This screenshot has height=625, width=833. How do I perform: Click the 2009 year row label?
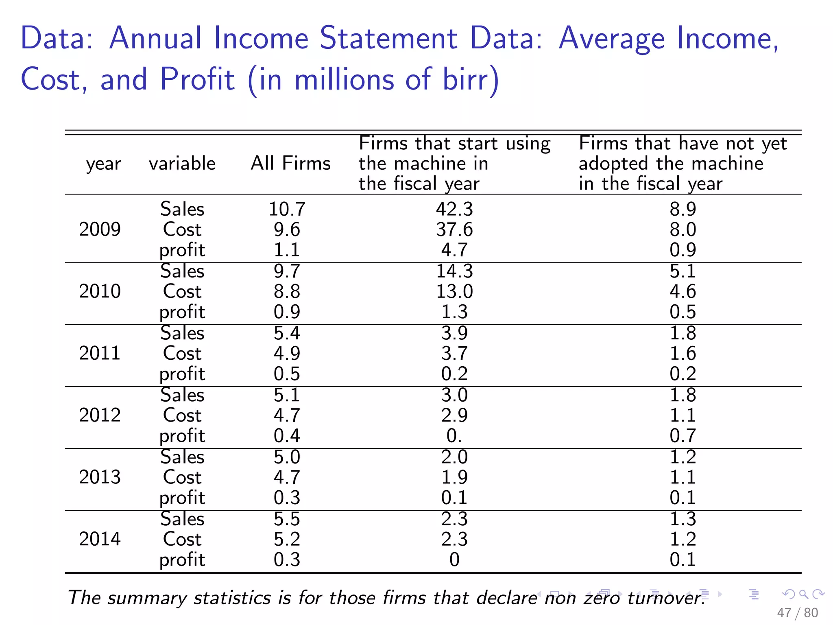click(x=100, y=229)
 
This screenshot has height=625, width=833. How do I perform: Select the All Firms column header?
click(x=290, y=163)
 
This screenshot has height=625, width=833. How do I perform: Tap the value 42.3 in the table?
click(x=454, y=209)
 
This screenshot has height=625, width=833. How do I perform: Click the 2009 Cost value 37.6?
click(x=454, y=229)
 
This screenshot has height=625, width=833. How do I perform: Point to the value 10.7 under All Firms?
click(x=287, y=209)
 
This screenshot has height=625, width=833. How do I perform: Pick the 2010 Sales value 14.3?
click(x=454, y=271)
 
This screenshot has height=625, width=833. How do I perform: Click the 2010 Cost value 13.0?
click(x=454, y=291)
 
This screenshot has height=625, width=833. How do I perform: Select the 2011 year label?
click(x=100, y=353)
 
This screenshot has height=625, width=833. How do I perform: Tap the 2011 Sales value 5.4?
click(x=287, y=333)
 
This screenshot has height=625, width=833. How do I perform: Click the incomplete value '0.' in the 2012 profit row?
click(x=454, y=436)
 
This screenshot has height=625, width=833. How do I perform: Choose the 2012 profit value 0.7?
click(x=683, y=436)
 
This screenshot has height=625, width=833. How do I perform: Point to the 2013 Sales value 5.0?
click(x=287, y=457)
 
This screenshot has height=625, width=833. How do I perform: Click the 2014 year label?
click(x=100, y=539)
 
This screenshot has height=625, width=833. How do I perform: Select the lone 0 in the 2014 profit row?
click(x=454, y=559)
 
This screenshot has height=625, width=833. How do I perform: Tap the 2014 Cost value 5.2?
click(x=287, y=539)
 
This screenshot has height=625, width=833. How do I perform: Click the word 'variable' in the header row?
click(x=182, y=163)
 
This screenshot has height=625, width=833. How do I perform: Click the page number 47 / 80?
click(x=797, y=612)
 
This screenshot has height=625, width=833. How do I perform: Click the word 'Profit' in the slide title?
click(x=197, y=79)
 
